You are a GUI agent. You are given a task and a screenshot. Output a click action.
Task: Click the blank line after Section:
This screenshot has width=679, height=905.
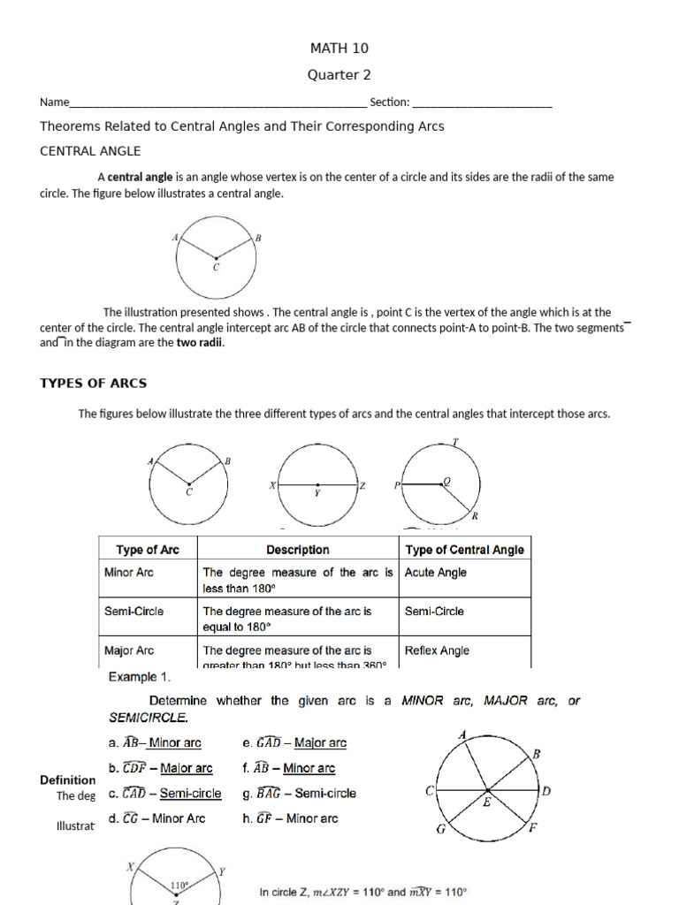pos(482,104)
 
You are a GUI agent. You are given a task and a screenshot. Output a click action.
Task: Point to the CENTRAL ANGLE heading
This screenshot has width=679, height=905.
pos(90,151)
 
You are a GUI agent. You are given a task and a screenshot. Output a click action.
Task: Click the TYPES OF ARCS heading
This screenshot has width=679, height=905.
pos(94,383)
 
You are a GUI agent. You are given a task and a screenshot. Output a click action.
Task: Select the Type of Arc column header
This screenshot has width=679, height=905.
pos(147,550)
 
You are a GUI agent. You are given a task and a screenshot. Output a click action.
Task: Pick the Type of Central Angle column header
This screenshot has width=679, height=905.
pos(464,550)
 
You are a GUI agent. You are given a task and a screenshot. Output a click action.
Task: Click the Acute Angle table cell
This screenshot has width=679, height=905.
pos(435,573)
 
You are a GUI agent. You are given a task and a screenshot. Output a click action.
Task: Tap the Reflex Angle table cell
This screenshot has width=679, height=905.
pos(437,650)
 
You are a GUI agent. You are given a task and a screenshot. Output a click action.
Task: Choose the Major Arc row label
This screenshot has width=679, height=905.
pos(129,650)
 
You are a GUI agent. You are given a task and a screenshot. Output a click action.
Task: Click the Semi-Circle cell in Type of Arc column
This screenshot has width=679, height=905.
pos(134,611)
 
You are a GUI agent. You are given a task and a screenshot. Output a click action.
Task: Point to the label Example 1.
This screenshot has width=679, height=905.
pos(139,677)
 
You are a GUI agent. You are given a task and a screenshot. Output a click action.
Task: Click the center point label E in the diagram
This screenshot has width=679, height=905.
pos(485,802)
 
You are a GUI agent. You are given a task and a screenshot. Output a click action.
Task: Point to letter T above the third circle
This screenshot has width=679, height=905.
pos(455,441)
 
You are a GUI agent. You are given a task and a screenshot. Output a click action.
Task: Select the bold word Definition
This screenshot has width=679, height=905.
pos(68,780)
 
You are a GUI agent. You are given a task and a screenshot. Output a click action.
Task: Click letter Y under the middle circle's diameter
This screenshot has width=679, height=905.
pos(317,494)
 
